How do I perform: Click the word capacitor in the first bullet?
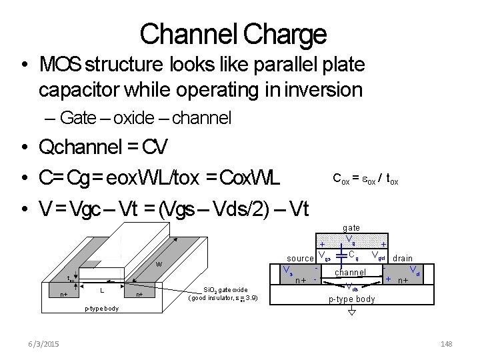(x=78, y=89)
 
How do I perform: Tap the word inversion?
(x=325, y=89)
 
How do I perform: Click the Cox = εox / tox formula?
(x=365, y=179)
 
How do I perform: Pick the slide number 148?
(x=446, y=343)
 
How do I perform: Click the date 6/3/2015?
(x=43, y=343)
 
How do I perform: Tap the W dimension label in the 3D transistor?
(x=159, y=263)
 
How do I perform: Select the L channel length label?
(x=101, y=291)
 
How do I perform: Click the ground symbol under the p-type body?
(x=351, y=311)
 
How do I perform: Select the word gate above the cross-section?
(x=351, y=228)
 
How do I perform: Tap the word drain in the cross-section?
(x=403, y=258)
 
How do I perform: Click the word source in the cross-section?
(x=300, y=258)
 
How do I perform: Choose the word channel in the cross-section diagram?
(x=350, y=272)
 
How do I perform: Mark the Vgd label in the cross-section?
(x=379, y=255)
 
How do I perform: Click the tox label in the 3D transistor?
(x=70, y=279)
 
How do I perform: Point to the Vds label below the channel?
(x=353, y=288)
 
